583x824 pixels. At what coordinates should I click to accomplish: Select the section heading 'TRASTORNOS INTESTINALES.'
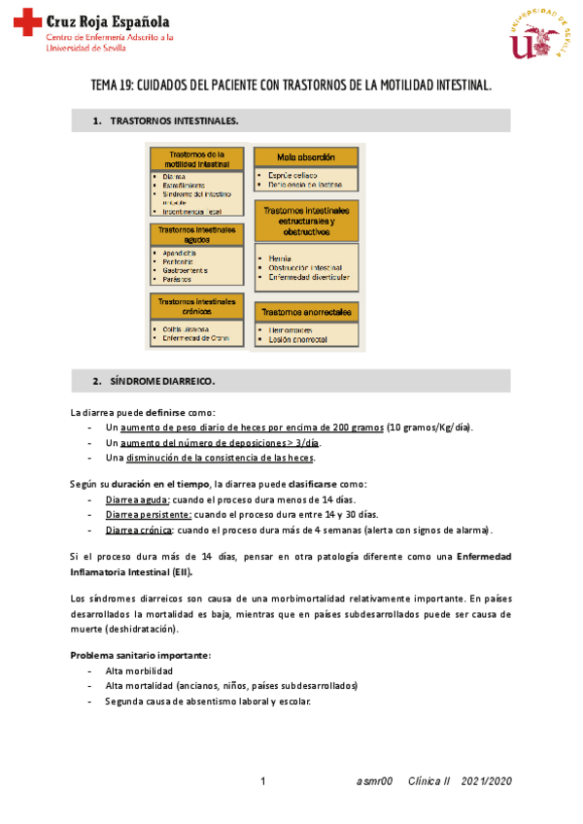point(174,121)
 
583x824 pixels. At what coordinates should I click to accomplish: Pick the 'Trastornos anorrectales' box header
point(306,311)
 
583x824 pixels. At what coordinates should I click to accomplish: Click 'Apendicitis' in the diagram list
point(176,253)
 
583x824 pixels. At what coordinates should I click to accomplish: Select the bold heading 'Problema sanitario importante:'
point(140,655)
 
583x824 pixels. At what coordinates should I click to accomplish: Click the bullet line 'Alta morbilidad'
point(139,670)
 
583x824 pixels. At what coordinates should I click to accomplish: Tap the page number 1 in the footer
point(263,781)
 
